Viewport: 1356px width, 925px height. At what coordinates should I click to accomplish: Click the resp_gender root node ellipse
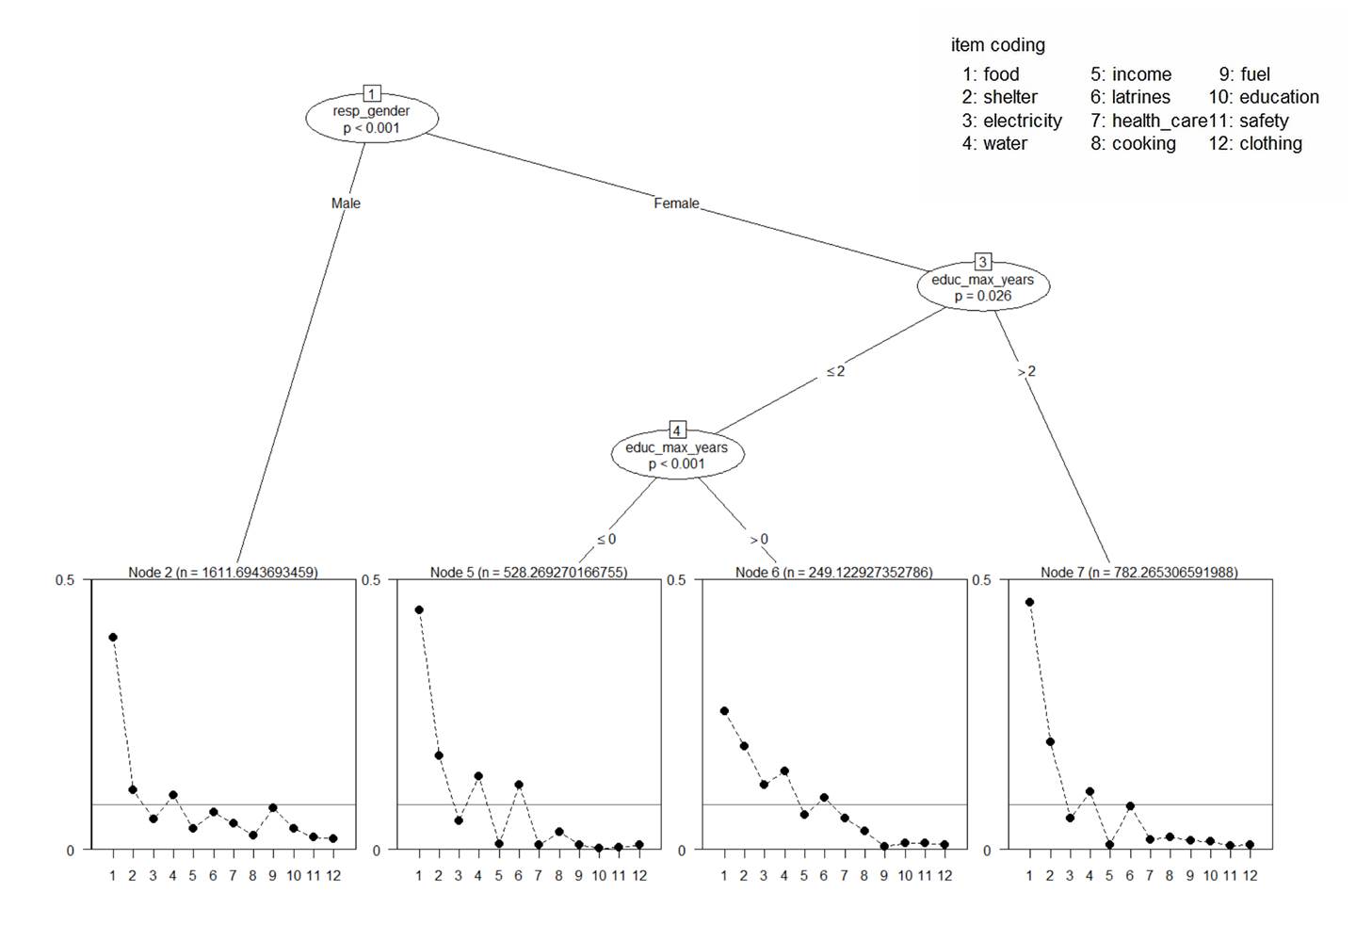pyautogui.click(x=372, y=119)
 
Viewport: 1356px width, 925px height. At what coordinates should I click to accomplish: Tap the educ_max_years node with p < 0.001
pyautogui.click(x=677, y=455)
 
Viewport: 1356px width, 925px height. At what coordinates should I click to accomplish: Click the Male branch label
pyautogui.click(x=346, y=203)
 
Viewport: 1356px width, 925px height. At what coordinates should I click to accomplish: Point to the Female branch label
pyautogui.click(x=676, y=203)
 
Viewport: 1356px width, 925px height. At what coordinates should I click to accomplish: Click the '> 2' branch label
pyautogui.click(x=1026, y=372)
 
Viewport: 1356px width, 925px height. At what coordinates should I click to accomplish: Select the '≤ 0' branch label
pyautogui.click(x=606, y=540)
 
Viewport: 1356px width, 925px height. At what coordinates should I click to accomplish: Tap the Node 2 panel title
pyautogui.click(x=223, y=572)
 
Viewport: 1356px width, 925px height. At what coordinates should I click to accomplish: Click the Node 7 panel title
pyautogui.click(x=1139, y=572)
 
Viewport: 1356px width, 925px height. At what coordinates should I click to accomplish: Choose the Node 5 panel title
pyautogui.click(x=528, y=572)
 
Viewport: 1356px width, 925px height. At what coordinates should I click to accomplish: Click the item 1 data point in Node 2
pyautogui.click(x=113, y=638)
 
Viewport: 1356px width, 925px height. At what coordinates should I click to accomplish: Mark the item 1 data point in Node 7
pyautogui.click(x=1029, y=602)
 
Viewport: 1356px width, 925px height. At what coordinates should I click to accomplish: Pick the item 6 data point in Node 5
pyautogui.click(x=519, y=785)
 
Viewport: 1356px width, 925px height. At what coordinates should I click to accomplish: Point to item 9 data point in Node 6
pyautogui.click(x=884, y=846)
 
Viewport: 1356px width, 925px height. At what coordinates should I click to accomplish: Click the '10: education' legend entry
pyautogui.click(x=1264, y=97)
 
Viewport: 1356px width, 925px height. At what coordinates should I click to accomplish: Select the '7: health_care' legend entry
pyautogui.click(x=1149, y=121)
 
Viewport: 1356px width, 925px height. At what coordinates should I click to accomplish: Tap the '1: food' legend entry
pyautogui.click(x=991, y=74)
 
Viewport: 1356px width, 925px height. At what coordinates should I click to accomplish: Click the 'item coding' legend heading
pyautogui.click(x=998, y=45)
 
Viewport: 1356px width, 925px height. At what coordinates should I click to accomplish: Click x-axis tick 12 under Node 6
pyautogui.click(x=944, y=876)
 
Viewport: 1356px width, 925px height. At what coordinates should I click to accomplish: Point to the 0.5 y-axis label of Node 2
pyautogui.click(x=64, y=580)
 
